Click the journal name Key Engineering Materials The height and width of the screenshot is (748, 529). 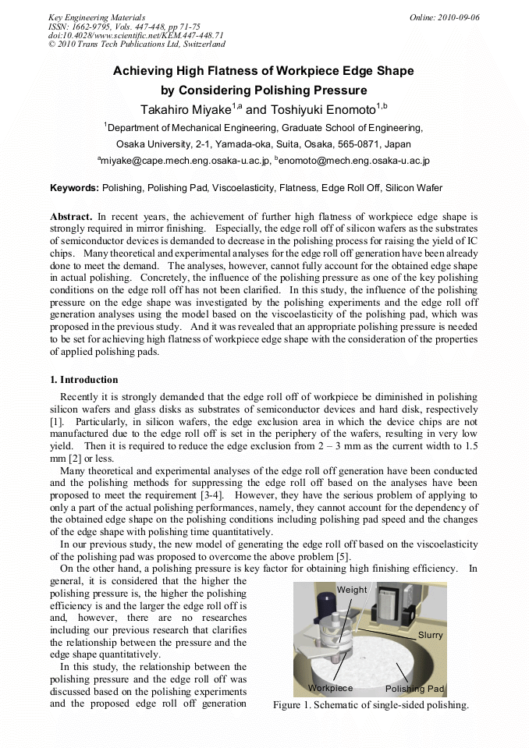97,17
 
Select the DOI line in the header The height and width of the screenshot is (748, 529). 136,35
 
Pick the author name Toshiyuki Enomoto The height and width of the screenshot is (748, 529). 311,109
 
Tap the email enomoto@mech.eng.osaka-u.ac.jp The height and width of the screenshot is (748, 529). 354,161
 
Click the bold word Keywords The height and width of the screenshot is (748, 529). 74,188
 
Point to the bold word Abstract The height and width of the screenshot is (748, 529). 72,215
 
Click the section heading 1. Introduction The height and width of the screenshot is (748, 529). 83,380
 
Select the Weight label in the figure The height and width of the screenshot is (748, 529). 352,590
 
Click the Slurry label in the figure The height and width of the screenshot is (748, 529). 430,635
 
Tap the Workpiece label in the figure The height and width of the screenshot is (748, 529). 330,688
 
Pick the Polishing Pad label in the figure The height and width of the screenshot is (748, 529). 414,689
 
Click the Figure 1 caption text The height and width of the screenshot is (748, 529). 371,705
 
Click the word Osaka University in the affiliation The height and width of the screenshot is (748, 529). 152,144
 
